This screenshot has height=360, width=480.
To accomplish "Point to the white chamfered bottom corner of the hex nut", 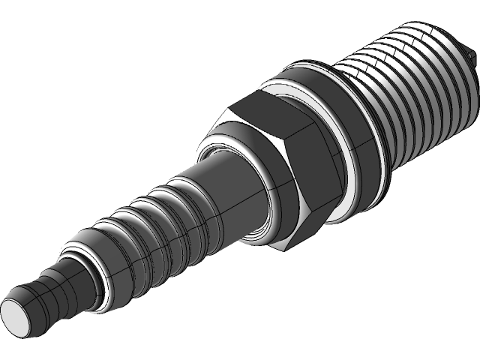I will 281,245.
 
